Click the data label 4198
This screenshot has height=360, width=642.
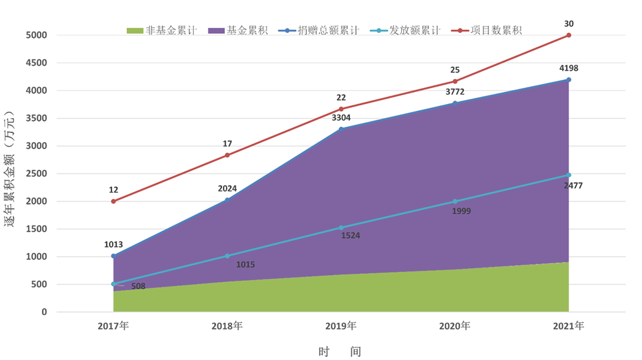point(568,68)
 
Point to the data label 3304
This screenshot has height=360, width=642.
point(341,118)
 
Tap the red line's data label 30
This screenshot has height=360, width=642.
point(568,24)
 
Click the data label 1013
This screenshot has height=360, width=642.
point(113,245)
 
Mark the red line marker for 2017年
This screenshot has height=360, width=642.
point(113,202)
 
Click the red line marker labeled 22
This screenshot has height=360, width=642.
point(341,109)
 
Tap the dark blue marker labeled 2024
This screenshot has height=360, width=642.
point(228,200)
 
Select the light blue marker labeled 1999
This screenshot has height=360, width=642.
point(455,202)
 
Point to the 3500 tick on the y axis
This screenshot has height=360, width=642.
point(35,119)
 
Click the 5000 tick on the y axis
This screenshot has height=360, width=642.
point(35,35)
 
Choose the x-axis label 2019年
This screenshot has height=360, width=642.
point(341,326)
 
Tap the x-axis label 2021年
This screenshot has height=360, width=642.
point(568,326)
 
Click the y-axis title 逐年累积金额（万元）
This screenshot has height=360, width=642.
point(10,170)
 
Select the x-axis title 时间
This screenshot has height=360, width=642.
point(340,351)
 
